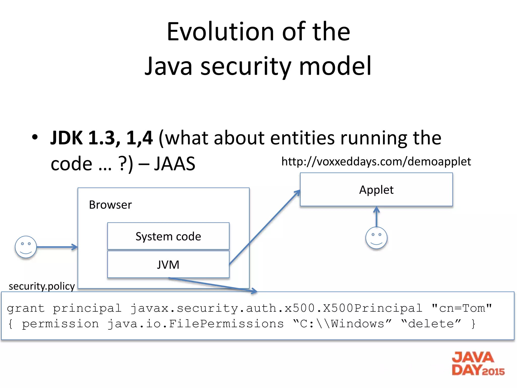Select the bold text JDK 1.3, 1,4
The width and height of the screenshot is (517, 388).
pyautogui.click(x=101, y=138)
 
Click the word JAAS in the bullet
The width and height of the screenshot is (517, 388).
pyautogui.click(x=175, y=164)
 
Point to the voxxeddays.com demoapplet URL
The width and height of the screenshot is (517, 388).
pyautogui.click(x=376, y=161)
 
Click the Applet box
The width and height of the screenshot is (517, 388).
pyautogui.click(x=376, y=190)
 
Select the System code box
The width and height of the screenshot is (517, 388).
pyautogui.click(x=168, y=236)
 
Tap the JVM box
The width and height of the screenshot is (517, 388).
pyautogui.click(x=168, y=265)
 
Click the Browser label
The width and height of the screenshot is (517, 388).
pyautogui.click(x=110, y=205)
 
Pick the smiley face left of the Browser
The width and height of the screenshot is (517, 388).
pyautogui.click(x=26, y=247)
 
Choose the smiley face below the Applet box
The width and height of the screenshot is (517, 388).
pyautogui.click(x=376, y=238)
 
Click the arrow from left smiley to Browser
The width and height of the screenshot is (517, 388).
pyautogui.click(x=57, y=247)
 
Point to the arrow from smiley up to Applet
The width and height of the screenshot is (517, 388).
pyautogui.click(x=376, y=217)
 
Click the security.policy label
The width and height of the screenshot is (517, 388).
pyautogui.click(x=42, y=286)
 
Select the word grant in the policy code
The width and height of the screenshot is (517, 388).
pyautogui.click(x=26, y=308)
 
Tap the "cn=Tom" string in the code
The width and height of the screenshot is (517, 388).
pyautogui.click(x=462, y=308)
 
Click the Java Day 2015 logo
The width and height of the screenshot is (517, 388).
pyautogui.click(x=478, y=363)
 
